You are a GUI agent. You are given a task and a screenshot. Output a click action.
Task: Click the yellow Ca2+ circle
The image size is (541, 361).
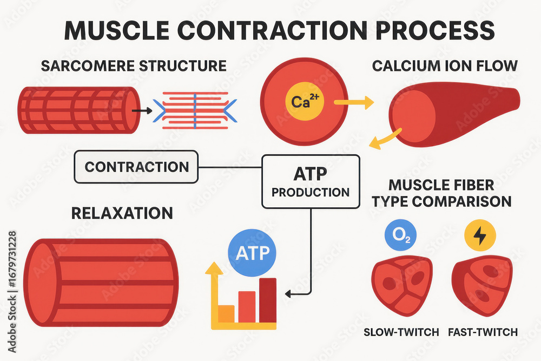(304, 101)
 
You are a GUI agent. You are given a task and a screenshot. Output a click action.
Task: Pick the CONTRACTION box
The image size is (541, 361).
(136, 166)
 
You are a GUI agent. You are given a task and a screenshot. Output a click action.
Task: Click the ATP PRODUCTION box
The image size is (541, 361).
(311, 181)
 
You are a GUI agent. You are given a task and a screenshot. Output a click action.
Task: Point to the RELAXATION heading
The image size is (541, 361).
(122, 213)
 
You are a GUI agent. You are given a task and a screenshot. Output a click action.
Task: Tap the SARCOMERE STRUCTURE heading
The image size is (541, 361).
(134, 67)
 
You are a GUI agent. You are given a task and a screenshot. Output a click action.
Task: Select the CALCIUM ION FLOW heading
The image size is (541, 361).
(445, 67)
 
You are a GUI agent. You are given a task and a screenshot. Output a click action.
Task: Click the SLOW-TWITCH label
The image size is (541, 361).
(401, 332)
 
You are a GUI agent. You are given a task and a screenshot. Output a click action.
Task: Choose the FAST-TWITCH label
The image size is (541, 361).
(483, 332)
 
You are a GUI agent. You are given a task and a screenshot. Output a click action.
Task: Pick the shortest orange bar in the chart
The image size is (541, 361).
(226, 313)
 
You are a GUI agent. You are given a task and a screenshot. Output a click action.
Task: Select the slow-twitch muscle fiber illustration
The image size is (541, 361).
(401, 286)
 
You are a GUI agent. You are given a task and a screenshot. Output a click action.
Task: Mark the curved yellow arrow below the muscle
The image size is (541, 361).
(385, 139)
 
